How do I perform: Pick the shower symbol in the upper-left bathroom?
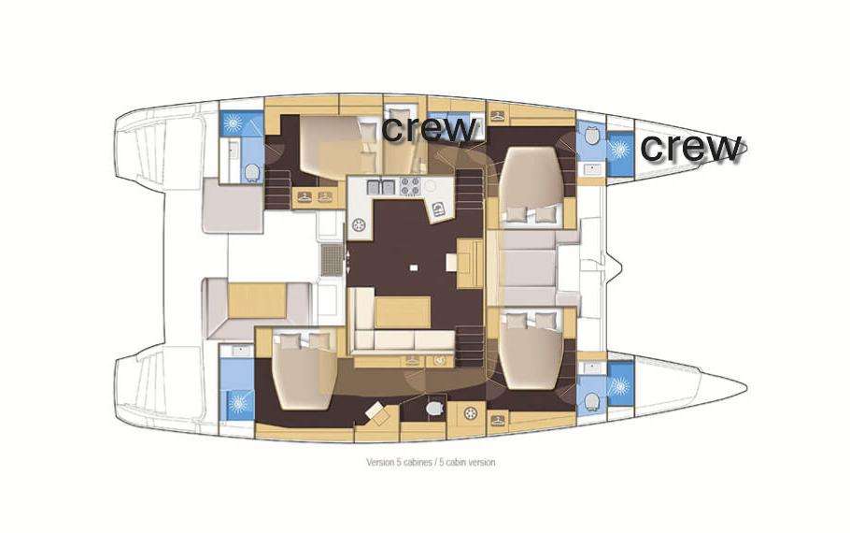[233, 123]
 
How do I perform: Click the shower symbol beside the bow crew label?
[619, 148]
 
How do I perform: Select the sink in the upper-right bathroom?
[590, 169]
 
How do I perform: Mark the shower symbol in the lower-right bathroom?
[618, 384]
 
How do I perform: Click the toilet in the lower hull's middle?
[433, 410]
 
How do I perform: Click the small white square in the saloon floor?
[412, 270]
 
